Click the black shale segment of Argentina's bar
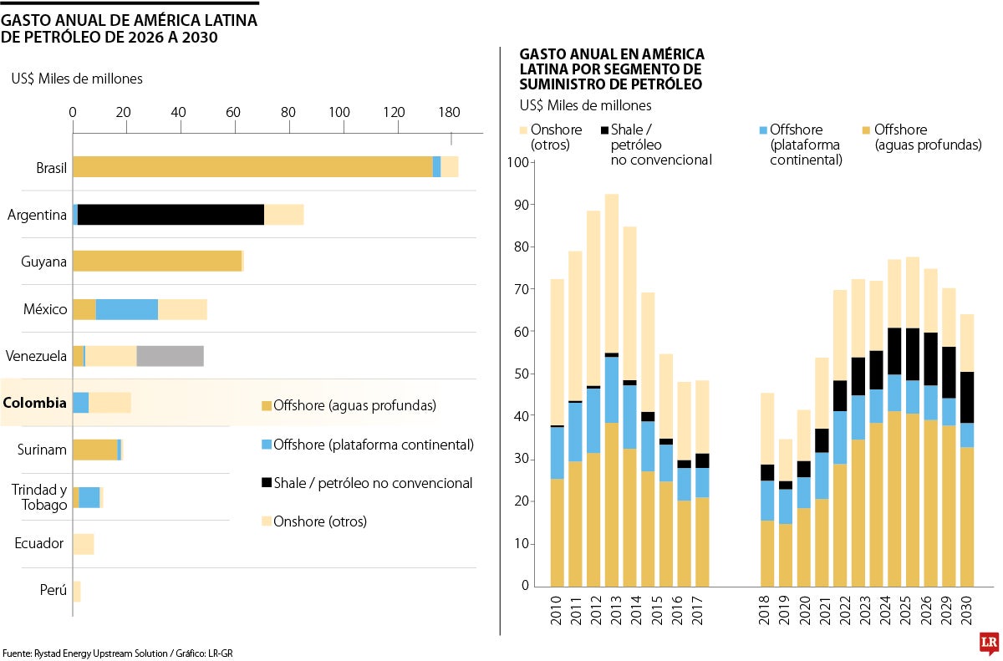coord(171,215)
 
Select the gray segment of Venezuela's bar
coord(170,356)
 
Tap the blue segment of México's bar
coord(126,309)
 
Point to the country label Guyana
coord(43,262)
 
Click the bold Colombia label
coord(34,403)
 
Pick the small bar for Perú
coord(76,592)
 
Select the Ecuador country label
coord(39,544)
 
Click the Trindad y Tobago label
coord(38,497)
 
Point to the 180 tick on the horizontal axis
coord(449,112)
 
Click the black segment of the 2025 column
coord(912,354)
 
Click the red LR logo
coord(989,643)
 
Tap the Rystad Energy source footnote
coord(116,653)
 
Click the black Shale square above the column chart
coord(604,130)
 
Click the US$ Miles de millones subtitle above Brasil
coord(77,79)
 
